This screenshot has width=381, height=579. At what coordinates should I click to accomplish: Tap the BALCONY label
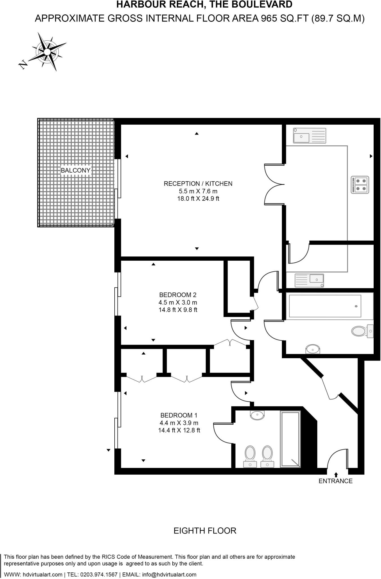(76, 170)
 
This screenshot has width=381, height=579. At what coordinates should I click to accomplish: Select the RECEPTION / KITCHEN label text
(198, 184)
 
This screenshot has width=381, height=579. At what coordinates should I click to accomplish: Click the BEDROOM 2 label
(178, 295)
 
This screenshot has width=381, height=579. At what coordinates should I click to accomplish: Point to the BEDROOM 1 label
(179, 415)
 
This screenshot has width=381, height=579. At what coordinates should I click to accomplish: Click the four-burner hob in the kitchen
(360, 185)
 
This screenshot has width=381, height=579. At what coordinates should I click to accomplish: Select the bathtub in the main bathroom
(323, 306)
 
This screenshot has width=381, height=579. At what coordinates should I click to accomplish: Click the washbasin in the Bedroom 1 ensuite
(257, 415)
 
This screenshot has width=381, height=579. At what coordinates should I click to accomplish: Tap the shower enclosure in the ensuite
(290, 439)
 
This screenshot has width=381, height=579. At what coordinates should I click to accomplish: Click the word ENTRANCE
(335, 481)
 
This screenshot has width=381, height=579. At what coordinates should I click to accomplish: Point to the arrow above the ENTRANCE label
(336, 474)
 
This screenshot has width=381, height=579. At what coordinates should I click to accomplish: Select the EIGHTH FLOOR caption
(205, 531)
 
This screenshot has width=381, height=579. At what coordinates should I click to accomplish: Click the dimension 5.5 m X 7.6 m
(198, 191)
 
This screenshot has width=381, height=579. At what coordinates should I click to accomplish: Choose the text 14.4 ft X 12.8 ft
(179, 430)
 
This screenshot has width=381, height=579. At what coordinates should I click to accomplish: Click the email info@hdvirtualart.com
(169, 574)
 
